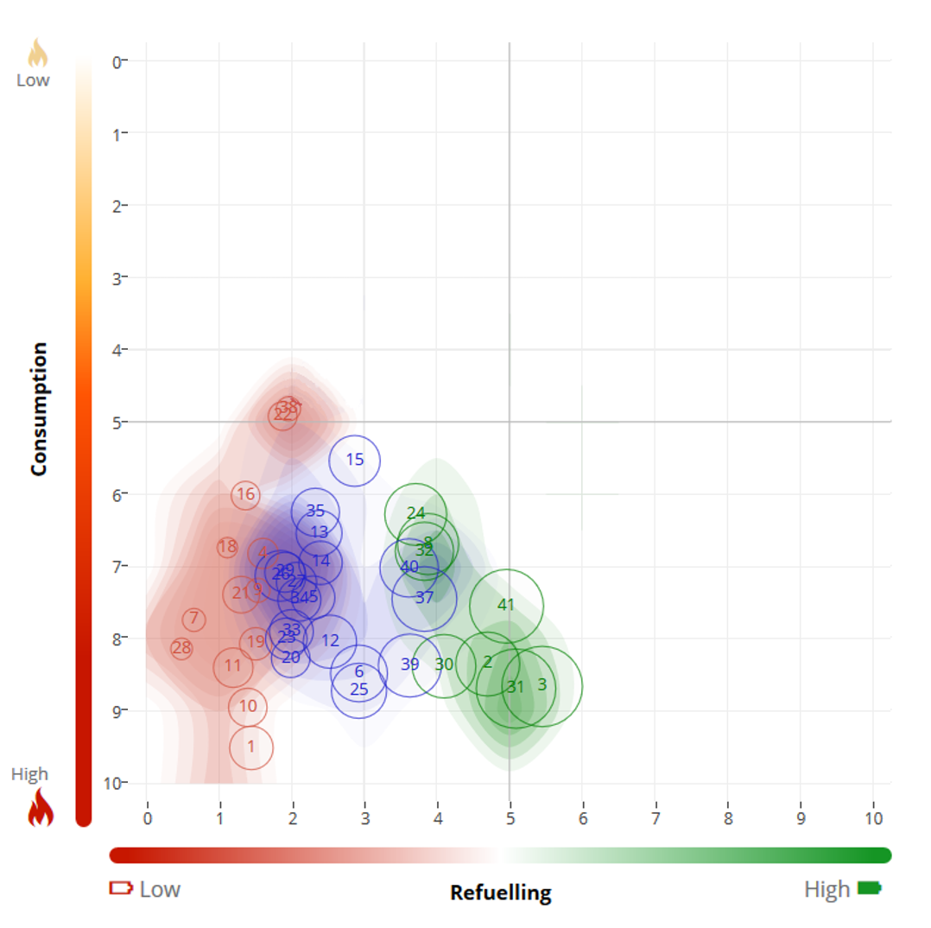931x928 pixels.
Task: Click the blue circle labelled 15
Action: (355, 460)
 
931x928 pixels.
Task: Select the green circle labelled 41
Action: (506, 606)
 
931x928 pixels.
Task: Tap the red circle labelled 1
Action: (251, 747)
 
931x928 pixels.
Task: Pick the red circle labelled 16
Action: (246, 494)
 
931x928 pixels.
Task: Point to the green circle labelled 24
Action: (415, 513)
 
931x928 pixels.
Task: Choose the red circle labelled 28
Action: (181, 648)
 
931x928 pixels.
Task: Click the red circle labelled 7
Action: (194, 620)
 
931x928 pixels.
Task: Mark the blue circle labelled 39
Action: (410, 664)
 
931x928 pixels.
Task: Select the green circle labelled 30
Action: (444, 665)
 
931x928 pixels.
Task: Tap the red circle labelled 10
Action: (248, 706)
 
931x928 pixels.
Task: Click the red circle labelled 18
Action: (227, 547)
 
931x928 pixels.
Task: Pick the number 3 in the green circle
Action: (542, 684)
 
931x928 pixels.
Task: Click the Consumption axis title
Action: (38, 408)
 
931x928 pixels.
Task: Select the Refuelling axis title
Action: (500, 893)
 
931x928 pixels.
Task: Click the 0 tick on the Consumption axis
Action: (117, 61)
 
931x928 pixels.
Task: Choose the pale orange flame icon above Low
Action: (37, 54)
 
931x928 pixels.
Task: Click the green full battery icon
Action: (870, 888)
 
